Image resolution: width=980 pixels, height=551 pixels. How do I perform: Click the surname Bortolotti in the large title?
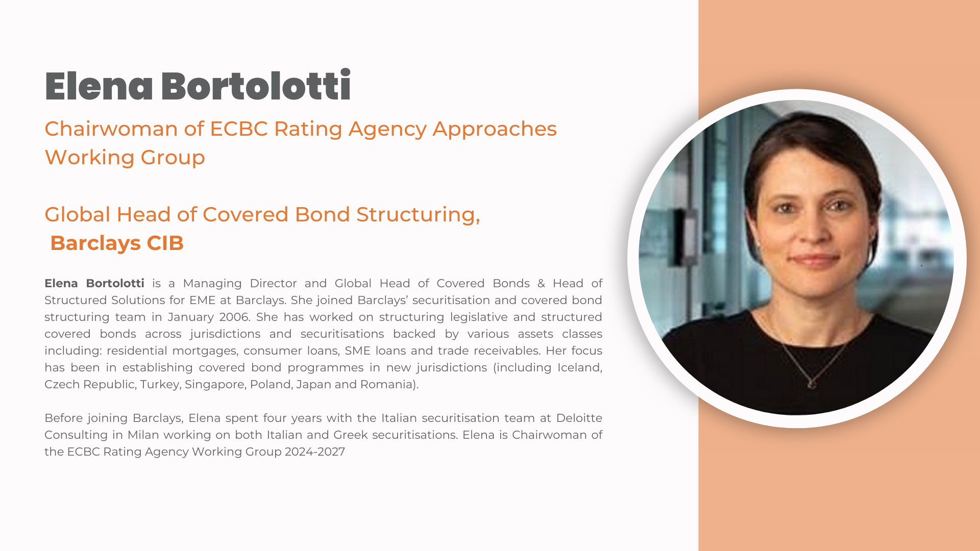pos(256,86)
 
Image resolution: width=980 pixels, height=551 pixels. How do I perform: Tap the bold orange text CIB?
pos(165,243)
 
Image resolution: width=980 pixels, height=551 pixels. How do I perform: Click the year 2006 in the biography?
pos(234,317)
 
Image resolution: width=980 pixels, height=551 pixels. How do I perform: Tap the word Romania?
pos(387,384)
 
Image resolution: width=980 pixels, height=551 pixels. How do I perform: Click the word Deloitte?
pos(579,418)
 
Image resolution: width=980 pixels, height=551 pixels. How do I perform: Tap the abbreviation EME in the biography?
pos(203,300)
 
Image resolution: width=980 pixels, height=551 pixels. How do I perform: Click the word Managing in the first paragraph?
pos(212,284)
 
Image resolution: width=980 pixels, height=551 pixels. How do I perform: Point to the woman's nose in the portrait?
pos(814,230)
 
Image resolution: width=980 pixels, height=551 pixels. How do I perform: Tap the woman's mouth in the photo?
pos(815,258)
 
